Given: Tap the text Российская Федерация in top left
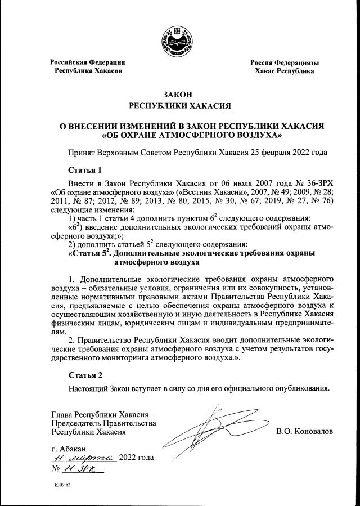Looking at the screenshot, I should click(x=87, y=62).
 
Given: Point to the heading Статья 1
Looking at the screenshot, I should click(x=85, y=169).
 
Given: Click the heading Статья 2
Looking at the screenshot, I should click(x=85, y=375).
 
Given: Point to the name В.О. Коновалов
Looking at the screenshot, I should click(x=304, y=431).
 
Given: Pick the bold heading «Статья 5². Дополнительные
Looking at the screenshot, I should click(x=191, y=253).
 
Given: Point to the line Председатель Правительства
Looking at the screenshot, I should click(x=103, y=423).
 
